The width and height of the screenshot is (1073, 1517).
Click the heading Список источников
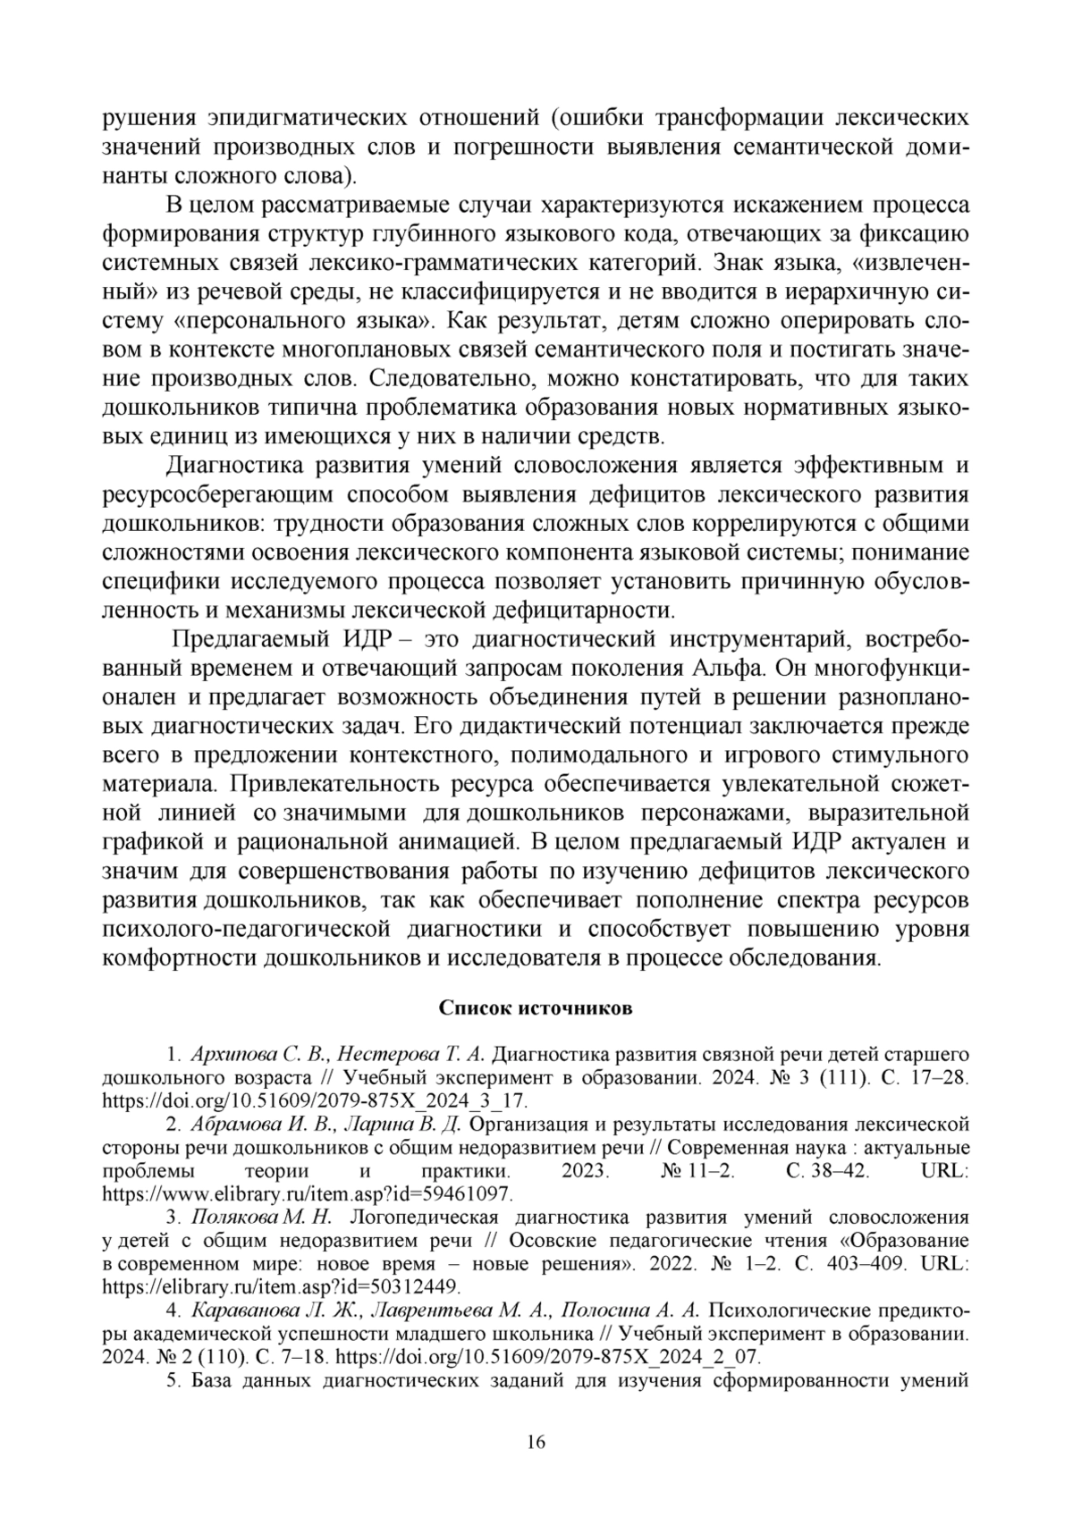(536, 1008)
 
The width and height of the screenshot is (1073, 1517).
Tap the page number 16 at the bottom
(536, 1442)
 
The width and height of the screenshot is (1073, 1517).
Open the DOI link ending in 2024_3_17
(316, 1100)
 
